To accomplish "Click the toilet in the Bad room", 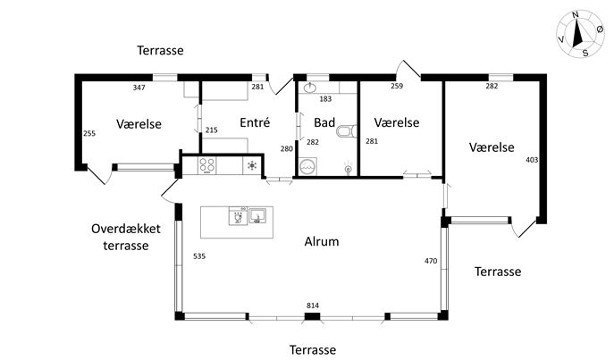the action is [347, 131].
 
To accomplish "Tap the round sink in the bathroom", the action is [310, 88].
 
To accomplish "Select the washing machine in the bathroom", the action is [307, 167].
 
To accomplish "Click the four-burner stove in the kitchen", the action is [207, 164].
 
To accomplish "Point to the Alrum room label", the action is [322, 241].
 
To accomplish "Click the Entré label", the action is [255, 122].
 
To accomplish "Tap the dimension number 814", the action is [313, 306].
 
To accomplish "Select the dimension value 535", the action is [199, 256].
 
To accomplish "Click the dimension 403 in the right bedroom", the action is [532, 160].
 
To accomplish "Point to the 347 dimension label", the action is [139, 88].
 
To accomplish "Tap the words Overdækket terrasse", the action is [126, 237].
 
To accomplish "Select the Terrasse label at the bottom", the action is [313, 349].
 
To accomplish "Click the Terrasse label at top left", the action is [160, 51].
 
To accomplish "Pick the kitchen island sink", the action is [257, 215].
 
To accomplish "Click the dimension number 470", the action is [431, 261].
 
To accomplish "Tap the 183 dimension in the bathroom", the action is [325, 99].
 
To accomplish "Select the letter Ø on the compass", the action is [600, 29].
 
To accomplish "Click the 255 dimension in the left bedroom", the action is [89, 133].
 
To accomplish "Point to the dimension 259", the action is [397, 86].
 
